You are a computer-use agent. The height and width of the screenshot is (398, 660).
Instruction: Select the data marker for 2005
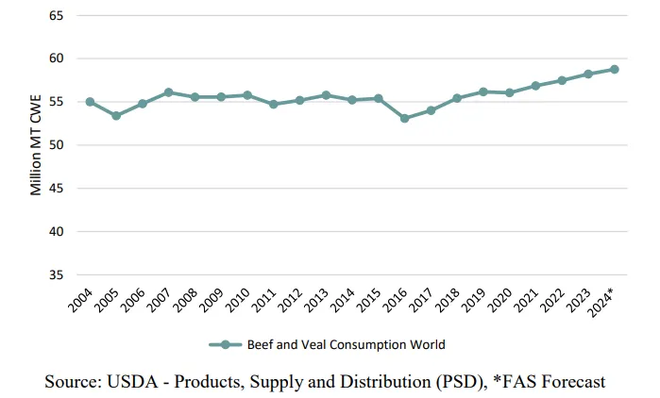[116, 116]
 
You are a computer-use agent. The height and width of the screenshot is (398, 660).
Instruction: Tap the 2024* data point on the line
[614, 69]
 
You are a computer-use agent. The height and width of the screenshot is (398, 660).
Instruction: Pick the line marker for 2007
[168, 92]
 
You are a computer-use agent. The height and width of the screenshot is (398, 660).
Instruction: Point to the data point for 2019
[483, 91]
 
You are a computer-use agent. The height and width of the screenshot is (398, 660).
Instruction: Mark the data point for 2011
[273, 104]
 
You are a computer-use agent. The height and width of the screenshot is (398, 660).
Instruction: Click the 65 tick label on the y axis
[55, 16]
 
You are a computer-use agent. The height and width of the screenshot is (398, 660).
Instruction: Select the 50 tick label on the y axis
[55, 145]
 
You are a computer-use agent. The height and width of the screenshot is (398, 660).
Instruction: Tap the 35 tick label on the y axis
[55, 275]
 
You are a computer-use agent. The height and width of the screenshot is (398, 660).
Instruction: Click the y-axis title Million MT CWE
[36, 146]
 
